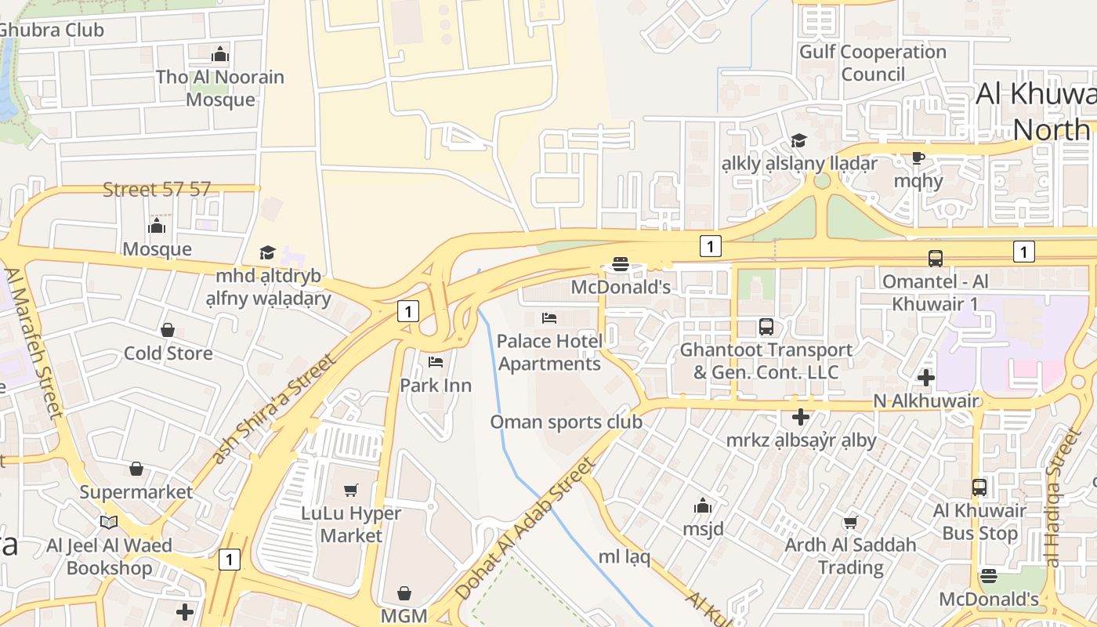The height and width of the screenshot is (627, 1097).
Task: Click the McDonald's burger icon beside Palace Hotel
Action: pyautogui.click(x=621, y=264)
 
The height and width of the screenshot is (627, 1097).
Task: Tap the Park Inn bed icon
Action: pyautogui.click(x=436, y=362)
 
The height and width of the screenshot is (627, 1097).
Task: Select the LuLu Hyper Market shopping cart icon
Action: pyautogui.click(x=351, y=490)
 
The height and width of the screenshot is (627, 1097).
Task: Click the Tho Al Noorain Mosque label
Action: pyautogui.click(x=219, y=88)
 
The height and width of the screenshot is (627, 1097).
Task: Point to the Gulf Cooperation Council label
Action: pyautogui.click(x=873, y=63)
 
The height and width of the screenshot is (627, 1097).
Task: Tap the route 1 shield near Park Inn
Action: pyautogui.click(x=407, y=311)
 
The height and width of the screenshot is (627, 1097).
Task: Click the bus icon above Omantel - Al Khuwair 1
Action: pyautogui.click(x=935, y=258)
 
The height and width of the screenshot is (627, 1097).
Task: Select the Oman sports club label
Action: pyautogui.click(x=566, y=422)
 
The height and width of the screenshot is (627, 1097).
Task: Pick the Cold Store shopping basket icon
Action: pyautogui.click(x=167, y=330)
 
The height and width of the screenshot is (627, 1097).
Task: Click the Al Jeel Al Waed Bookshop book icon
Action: pyautogui.click(x=109, y=522)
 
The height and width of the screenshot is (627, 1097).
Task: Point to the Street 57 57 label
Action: pyautogui.click(x=157, y=189)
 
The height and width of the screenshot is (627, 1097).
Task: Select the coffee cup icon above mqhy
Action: pyautogui.click(x=918, y=158)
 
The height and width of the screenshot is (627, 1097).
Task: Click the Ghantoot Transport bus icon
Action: pyautogui.click(x=766, y=327)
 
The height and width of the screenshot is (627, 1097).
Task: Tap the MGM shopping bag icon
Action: pyautogui.click(x=404, y=593)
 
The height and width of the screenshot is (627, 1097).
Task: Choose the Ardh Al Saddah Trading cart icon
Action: pyautogui.click(x=850, y=521)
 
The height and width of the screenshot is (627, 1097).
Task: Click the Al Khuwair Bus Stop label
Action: pyautogui.click(x=979, y=522)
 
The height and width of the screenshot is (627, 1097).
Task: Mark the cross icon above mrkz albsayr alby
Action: pyautogui.click(x=800, y=417)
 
